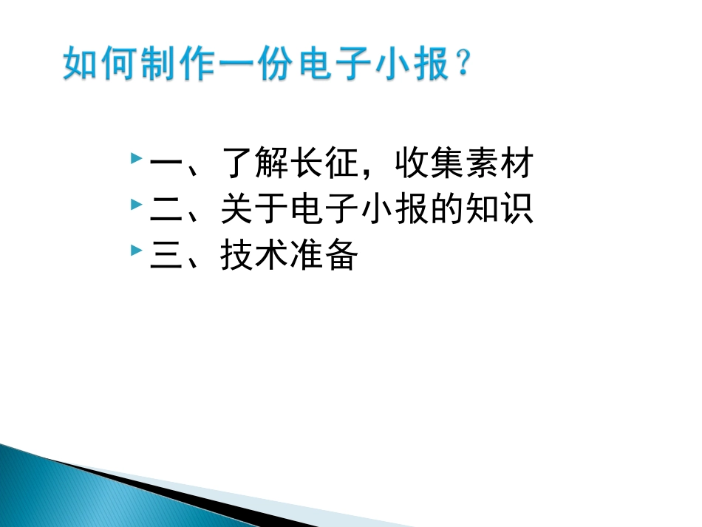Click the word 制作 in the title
[180, 65]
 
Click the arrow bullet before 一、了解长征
[135, 159]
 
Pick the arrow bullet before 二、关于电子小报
[135, 205]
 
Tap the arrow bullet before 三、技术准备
[135, 251]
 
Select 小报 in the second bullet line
[398, 209]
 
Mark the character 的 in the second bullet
[449, 209]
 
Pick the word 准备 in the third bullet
[326, 255]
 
